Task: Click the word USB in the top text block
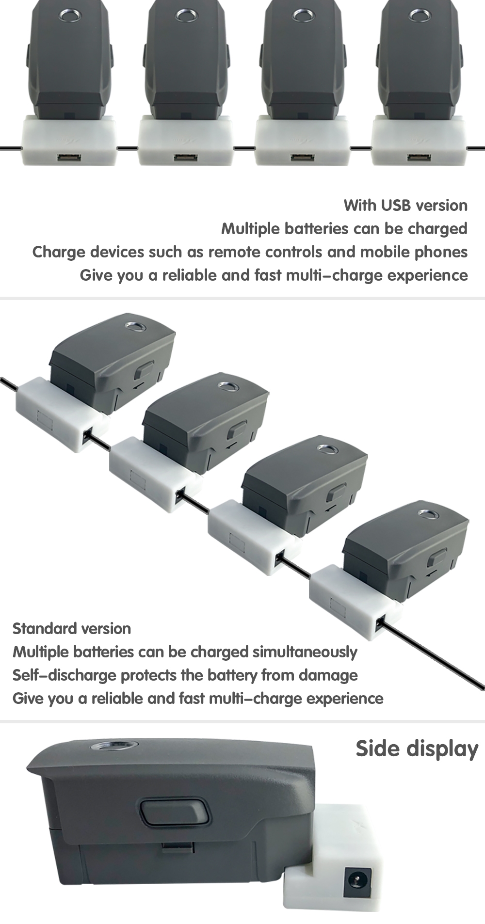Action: (x=396, y=205)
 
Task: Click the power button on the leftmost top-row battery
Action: (x=70, y=16)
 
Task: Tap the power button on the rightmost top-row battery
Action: (x=420, y=16)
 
